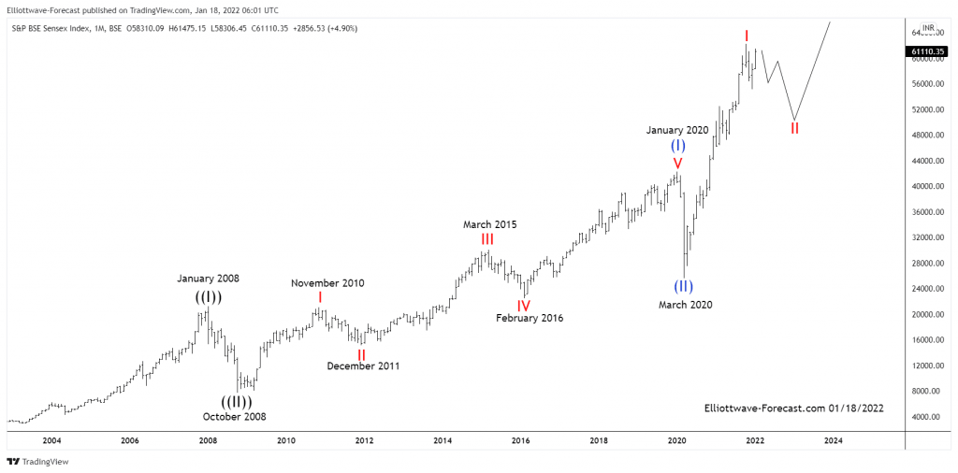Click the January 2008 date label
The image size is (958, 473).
[x=208, y=279]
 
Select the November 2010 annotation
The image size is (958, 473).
[x=327, y=283]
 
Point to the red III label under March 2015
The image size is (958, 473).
[x=487, y=240]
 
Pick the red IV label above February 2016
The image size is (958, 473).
[x=524, y=305]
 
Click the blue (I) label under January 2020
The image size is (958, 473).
[x=678, y=146]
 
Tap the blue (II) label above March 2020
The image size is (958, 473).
[x=684, y=287]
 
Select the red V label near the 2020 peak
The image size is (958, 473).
[x=677, y=165]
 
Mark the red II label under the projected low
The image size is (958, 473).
[x=794, y=128]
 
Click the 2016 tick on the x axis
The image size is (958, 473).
[x=521, y=440]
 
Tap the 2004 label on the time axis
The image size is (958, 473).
[x=51, y=440]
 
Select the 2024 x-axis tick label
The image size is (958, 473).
[x=834, y=440]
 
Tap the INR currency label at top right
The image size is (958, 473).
[x=928, y=28]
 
